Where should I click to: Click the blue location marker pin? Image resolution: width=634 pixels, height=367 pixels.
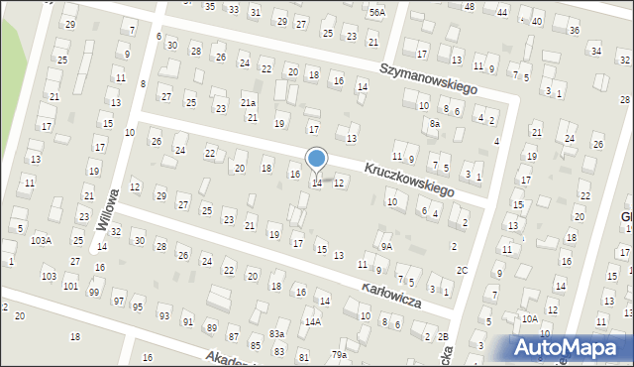(317, 159)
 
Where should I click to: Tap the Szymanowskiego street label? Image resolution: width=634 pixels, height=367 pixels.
(429, 77)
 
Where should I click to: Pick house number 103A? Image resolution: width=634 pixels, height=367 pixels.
(41, 240)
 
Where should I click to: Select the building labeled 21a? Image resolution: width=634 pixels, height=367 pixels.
(249, 103)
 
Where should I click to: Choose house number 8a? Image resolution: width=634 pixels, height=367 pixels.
(434, 124)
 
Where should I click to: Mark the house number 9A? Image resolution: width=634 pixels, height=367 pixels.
(387, 246)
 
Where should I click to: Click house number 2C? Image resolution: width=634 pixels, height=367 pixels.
(462, 270)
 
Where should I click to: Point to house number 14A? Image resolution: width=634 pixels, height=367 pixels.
(312, 321)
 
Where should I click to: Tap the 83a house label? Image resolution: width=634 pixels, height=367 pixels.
(276, 334)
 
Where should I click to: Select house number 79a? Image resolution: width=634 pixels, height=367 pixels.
(339, 354)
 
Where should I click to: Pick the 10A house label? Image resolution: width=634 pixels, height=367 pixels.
(530, 318)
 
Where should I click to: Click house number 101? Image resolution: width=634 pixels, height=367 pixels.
(70, 286)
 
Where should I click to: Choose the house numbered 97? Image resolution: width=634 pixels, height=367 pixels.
(119, 301)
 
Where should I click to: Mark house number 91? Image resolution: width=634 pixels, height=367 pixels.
(187, 321)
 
